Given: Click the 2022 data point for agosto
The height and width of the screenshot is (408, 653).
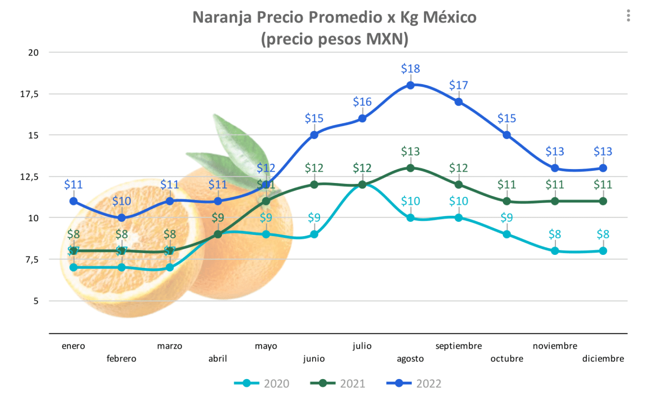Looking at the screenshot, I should coord(410,85).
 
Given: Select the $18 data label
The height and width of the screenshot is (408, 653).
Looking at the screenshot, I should coord(410,69).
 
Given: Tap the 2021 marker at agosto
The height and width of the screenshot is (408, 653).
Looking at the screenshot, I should coord(410,168).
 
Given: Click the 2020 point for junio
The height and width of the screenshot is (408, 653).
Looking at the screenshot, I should coord(314,234).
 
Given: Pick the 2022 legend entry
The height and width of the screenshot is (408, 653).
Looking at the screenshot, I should coord(415,384).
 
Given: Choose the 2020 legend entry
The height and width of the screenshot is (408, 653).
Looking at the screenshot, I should coord(262,384).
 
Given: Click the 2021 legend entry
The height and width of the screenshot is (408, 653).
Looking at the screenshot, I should coord(338,384).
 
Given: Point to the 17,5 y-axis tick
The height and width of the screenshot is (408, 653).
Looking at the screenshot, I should coord(29,94).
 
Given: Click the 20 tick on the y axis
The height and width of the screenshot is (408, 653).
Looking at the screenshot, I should coord(33,52).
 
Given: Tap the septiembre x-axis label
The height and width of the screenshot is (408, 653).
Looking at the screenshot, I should coord(458,346).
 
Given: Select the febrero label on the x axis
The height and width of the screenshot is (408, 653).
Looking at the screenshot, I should coord(121,359).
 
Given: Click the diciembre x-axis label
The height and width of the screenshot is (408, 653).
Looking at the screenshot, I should coord(603,359).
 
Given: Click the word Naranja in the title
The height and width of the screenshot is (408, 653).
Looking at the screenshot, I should coord(222,17).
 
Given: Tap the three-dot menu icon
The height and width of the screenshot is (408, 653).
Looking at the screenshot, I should coord(628,16).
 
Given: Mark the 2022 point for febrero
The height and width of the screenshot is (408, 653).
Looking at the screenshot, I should coord(122,218).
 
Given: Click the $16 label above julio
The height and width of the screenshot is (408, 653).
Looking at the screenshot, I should coord(362,102).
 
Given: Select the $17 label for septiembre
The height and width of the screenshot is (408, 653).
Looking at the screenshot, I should coord(458,85).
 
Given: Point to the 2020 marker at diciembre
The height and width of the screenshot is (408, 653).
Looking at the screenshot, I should coord(603,251).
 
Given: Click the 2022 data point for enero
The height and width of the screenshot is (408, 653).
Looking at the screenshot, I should coord(73,201).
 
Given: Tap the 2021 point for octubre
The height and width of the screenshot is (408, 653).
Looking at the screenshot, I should coord(507,201).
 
